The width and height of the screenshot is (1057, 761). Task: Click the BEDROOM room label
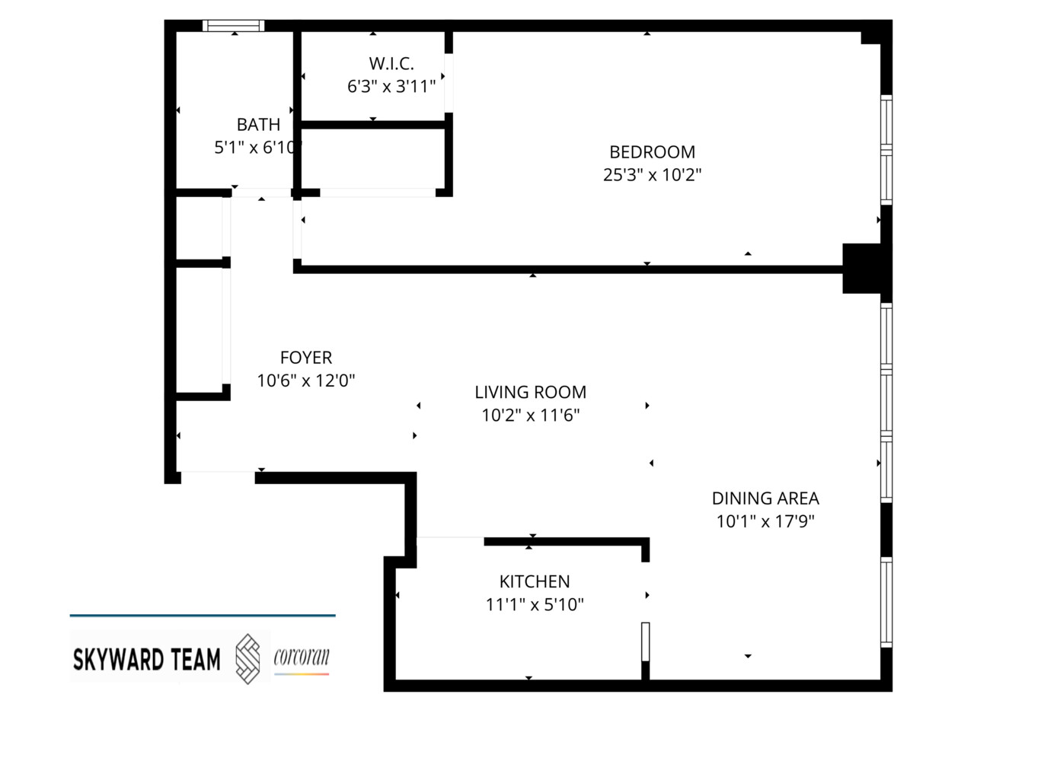652,152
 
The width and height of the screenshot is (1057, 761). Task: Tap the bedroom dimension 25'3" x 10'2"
652,175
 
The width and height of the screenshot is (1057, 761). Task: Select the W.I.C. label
391,64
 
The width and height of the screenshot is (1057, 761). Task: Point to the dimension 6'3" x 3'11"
391,87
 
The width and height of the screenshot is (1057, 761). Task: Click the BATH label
258,125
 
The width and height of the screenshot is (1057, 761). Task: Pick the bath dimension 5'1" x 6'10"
257,148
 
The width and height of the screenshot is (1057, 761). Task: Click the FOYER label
306,358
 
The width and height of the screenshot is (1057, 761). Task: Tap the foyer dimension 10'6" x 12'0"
306,380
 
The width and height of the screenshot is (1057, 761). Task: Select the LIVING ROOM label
530,393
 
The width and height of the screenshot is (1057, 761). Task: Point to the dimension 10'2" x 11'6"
530,416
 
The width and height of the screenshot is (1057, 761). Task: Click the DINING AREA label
765,498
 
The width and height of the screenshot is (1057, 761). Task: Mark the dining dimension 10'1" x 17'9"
765,521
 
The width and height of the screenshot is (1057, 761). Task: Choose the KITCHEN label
535,581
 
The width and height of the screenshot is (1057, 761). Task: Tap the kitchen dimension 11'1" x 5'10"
535,605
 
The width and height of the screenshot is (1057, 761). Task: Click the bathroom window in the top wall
234,26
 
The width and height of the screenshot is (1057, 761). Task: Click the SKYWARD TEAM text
146,659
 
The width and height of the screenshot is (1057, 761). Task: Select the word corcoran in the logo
302,656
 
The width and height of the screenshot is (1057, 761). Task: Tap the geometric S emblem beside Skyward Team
247,658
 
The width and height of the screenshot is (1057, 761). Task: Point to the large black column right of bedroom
862,268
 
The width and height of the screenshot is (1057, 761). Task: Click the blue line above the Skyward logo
203,615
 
